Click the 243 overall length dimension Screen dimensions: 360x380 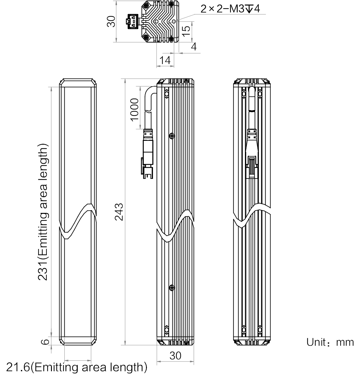point(119,212)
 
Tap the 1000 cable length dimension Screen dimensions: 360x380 point(134,110)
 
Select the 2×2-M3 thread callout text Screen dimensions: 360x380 point(230,9)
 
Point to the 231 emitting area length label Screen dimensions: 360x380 point(43,212)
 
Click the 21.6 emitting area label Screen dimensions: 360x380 point(76,367)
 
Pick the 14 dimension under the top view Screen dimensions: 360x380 point(165,60)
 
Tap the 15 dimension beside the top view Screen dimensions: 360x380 point(186,31)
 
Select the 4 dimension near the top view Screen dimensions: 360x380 point(194,47)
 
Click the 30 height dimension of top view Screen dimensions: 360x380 point(111,22)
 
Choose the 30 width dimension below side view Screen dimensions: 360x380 point(175,355)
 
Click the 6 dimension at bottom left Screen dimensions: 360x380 point(45,342)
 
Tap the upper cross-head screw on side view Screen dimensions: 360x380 point(172,136)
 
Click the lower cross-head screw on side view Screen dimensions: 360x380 point(172,288)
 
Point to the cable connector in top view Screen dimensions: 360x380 point(133,22)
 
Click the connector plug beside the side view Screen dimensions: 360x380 point(148,154)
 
